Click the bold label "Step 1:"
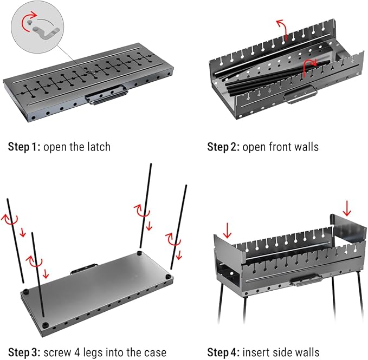(24, 147)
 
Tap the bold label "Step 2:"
(223, 147)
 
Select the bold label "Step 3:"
(24, 352)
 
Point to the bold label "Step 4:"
(223, 352)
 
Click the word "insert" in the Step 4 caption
(256, 352)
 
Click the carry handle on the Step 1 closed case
(107, 95)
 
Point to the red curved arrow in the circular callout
(27, 20)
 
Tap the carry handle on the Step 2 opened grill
(300, 94)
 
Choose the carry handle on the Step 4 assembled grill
(306, 280)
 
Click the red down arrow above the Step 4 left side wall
(227, 231)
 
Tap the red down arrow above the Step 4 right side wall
(347, 208)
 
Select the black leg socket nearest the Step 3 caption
(45, 325)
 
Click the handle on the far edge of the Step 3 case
(84, 269)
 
